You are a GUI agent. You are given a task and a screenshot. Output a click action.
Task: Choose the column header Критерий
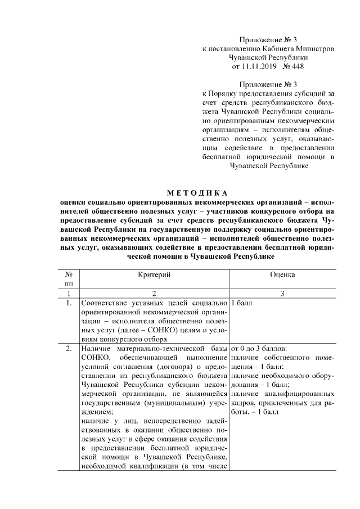pyautogui.click(x=154, y=274)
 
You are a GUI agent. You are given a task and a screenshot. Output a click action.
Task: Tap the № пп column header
pyautogui.click(x=68, y=280)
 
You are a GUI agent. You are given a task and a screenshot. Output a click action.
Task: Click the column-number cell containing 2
pyautogui.click(x=154, y=293)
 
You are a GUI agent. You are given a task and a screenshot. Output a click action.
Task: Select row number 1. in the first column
pyautogui.click(x=68, y=304)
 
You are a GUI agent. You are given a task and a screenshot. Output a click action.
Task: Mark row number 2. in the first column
pyautogui.click(x=68, y=349)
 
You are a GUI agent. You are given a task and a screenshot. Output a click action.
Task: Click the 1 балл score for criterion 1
pyautogui.click(x=242, y=304)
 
